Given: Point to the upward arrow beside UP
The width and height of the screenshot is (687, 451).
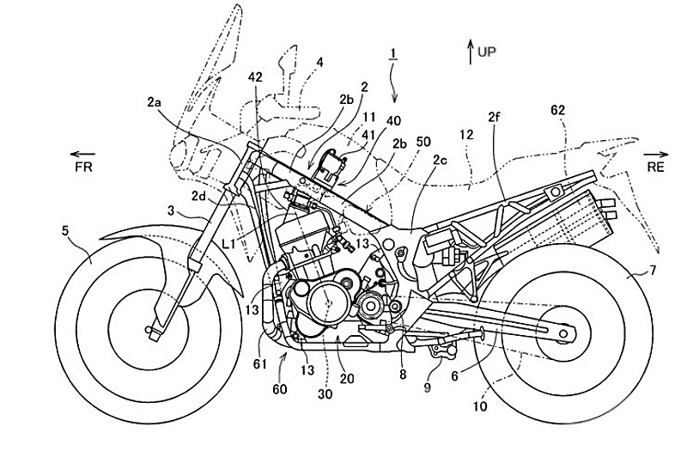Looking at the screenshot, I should (469, 52).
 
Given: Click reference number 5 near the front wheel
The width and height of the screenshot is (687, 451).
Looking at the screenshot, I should (65, 229).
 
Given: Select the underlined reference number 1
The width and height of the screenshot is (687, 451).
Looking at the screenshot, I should (392, 53).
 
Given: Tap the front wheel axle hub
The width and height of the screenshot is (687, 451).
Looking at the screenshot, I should (155, 326).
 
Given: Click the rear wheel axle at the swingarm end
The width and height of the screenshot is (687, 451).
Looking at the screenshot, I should (564, 331).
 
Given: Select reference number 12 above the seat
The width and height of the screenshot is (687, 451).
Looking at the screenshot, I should (467, 135).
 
